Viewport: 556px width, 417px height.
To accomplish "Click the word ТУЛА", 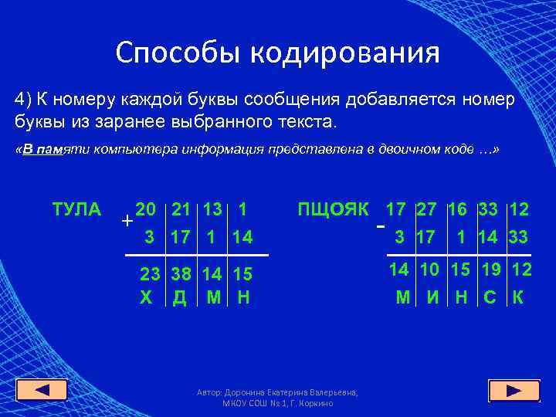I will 76,209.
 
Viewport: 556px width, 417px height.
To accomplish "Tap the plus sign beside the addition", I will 126,220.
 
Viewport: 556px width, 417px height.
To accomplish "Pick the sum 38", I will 181,274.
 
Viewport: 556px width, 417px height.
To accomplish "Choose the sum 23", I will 150,274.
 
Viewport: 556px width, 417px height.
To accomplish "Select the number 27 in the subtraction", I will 427,209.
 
